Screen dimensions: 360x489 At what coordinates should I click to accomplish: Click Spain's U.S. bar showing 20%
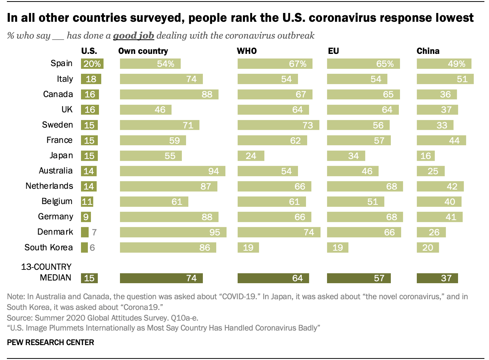(92, 64)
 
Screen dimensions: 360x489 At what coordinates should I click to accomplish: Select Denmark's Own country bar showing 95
(173, 232)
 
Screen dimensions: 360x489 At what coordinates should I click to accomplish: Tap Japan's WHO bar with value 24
(251, 156)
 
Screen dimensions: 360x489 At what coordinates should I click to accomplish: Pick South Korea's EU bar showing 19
(337, 247)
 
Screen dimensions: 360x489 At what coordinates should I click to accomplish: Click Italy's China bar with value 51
(445, 79)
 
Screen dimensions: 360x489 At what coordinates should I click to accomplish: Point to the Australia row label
(56, 171)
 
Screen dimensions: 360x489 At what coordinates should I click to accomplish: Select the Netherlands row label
(49, 186)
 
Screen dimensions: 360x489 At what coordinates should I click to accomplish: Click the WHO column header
(247, 51)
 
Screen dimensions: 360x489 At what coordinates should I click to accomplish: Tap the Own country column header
(143, 51)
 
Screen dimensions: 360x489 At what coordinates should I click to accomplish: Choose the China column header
(428, 51)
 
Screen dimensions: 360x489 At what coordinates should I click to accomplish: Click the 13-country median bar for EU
(359, 278)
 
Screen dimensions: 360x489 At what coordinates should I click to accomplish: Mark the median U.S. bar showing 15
(89, 278)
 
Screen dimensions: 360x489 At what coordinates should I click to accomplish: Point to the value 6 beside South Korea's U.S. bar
(92, 247)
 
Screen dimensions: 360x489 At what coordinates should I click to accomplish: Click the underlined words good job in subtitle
(133, 36)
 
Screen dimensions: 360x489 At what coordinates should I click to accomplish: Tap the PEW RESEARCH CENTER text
(50, 342)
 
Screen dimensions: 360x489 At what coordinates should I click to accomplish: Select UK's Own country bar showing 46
(146, 110)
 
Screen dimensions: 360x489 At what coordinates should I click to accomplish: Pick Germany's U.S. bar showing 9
(86, 217)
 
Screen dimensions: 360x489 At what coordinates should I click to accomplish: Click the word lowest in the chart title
(453, 18)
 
